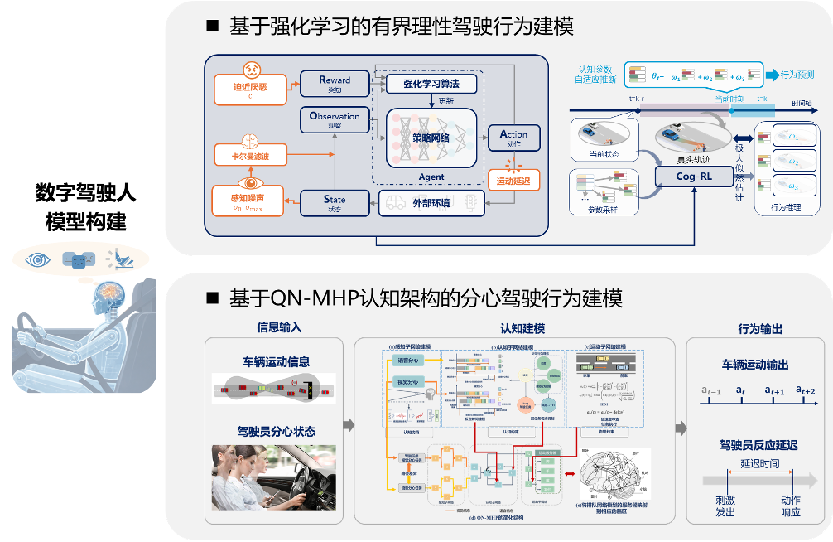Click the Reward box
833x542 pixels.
tap(335, 84)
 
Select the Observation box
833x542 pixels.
tap(335, 120)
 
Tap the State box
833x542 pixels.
tap(335, 202)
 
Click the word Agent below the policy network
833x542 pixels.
tap(431, 177)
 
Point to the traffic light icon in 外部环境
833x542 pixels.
tap(470, 201)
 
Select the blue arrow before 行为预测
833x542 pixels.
tap(773, 75)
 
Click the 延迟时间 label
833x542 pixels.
tap(759, 462)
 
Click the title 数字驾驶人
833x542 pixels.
tap(84, 193)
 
